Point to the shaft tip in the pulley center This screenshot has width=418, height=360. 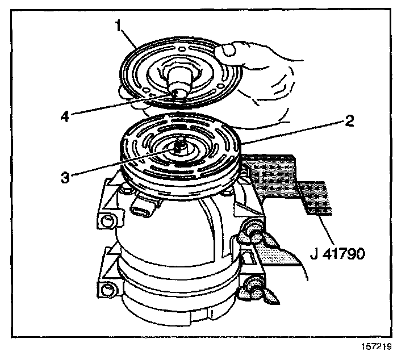pos(178,146)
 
